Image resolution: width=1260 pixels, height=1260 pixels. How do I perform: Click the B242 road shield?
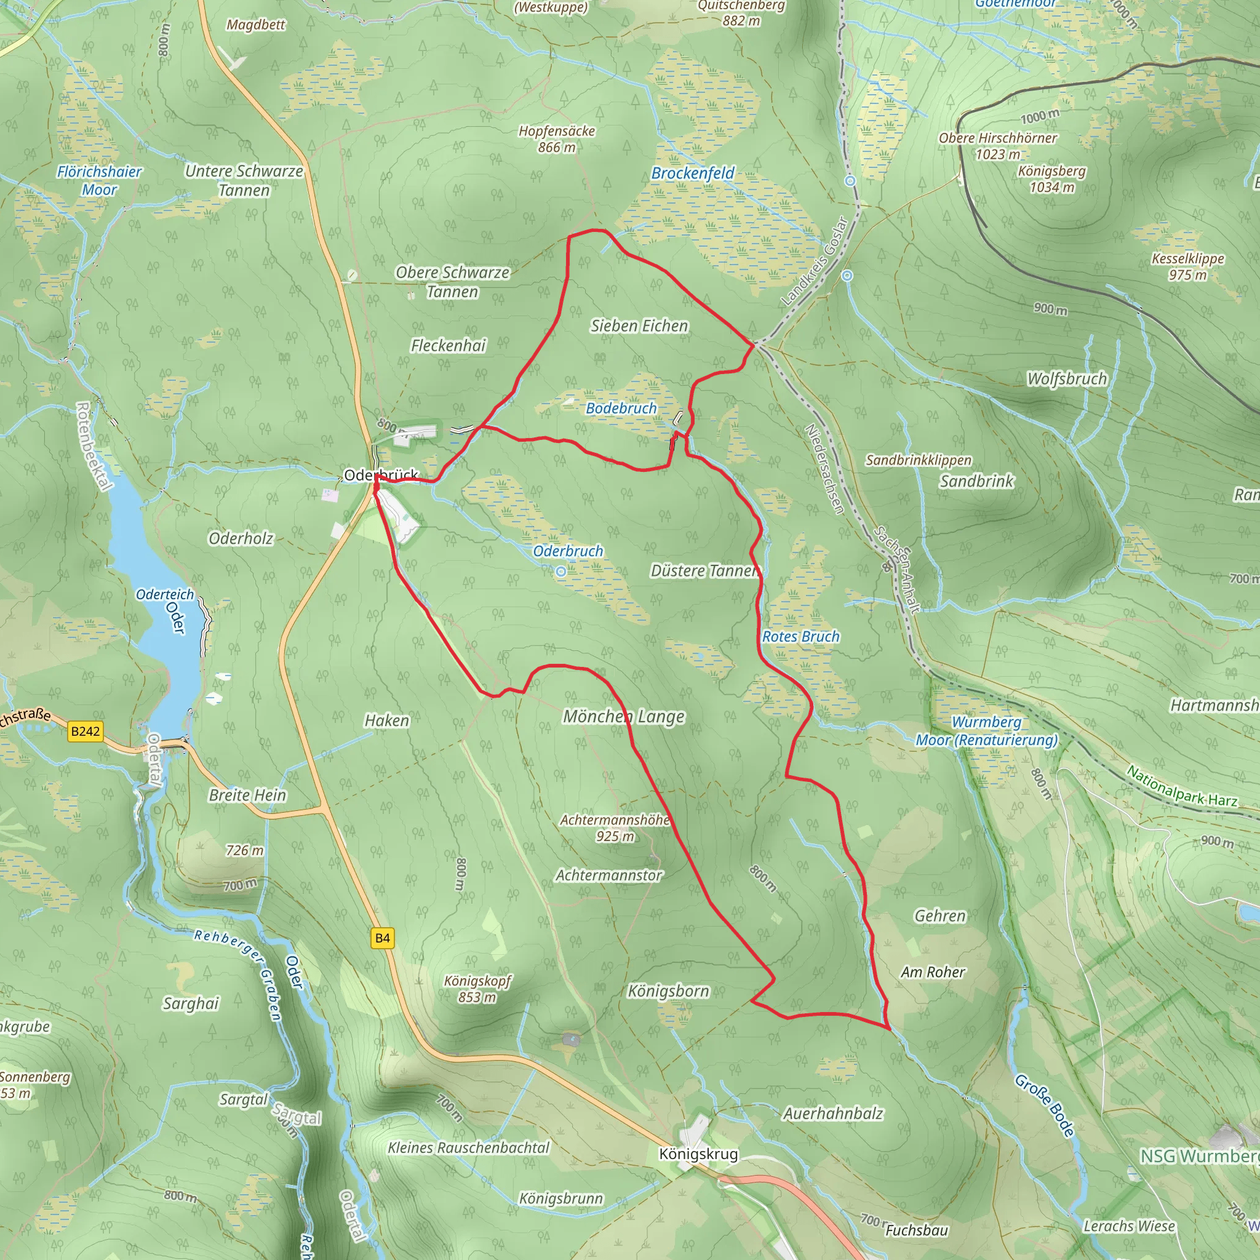pos(86,731)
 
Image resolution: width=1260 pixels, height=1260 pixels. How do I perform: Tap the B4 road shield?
pos(382,938)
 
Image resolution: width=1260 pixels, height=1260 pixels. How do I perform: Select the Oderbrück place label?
pos(380,476)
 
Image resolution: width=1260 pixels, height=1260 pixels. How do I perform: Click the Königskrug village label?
pos(698,1154)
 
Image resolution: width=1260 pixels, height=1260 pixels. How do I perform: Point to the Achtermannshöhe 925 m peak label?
pos(615,827)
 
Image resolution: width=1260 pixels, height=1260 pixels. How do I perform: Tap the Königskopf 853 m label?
pos(477,989)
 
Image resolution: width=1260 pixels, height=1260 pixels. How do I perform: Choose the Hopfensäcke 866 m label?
pos(556,139)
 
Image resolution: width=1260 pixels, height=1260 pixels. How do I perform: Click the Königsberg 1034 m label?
pos(1052,178)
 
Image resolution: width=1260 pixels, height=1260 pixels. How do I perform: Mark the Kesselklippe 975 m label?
pos(1187,266)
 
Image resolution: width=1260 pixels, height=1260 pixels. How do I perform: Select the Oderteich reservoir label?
pos(165,594)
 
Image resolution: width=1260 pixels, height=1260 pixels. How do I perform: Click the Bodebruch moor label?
pos(621,409)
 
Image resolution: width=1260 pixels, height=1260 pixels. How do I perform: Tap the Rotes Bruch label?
pos(801,637)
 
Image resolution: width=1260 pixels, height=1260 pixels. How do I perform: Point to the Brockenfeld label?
pos(693,173)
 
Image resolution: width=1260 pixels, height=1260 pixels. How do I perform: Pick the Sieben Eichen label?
pos(639,325)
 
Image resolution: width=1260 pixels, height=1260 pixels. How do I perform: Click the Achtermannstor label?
pos(608,875)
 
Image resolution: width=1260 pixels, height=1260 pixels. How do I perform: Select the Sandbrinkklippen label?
pos(919,460)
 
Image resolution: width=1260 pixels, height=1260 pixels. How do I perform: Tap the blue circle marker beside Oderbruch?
pos(561,572)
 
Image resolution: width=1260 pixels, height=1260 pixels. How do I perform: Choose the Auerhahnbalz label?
pos(833,1113)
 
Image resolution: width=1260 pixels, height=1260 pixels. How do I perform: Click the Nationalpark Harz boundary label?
pos(1182,786)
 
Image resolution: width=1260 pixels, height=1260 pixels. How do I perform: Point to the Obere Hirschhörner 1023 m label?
pos(998,146)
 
